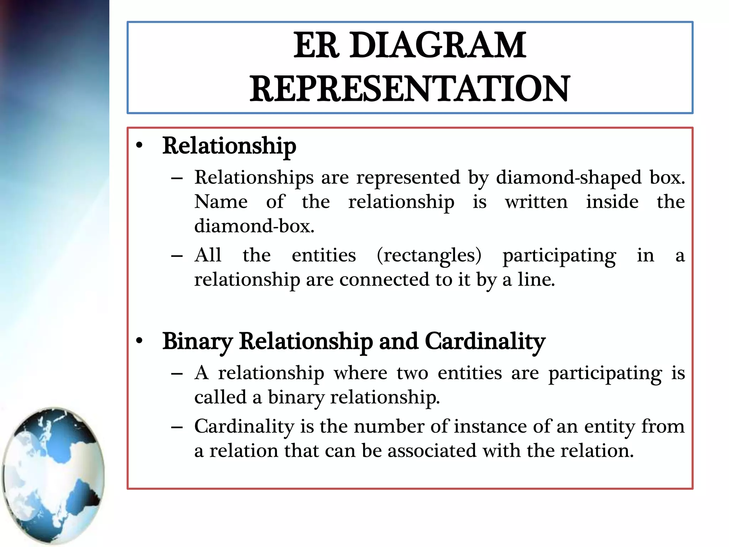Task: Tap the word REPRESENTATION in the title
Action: (x=409, y=89)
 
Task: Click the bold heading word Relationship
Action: (x=229, y=146)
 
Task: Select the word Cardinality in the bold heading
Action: (x=485, y=341)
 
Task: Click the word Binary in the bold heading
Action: (x=197, y=341)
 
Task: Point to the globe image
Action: (x=53, y=475)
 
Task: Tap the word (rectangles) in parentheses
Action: (x=429, y=255)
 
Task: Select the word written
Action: (x=536, y=202)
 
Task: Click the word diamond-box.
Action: (x=254, y=226)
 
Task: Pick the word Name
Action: (x=221, y=202)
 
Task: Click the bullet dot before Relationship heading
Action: (x=139, y=146)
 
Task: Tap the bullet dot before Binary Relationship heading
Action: (x=139, y=341)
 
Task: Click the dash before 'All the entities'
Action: (x=177, y=256)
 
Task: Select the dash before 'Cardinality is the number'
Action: (x=177, y=427)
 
